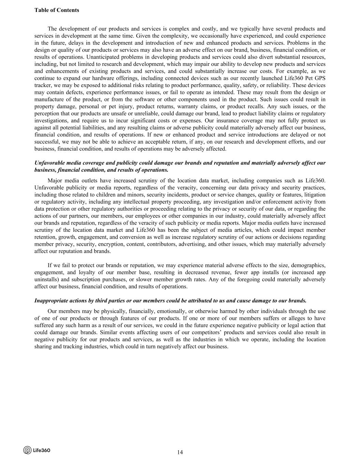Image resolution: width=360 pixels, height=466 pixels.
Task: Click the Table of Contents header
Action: [57, 10]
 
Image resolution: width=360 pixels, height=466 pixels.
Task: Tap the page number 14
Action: [180, 452]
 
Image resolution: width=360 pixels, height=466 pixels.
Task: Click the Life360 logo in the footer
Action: [37, 450]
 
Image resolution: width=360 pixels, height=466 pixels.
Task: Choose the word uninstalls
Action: [46, 279]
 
